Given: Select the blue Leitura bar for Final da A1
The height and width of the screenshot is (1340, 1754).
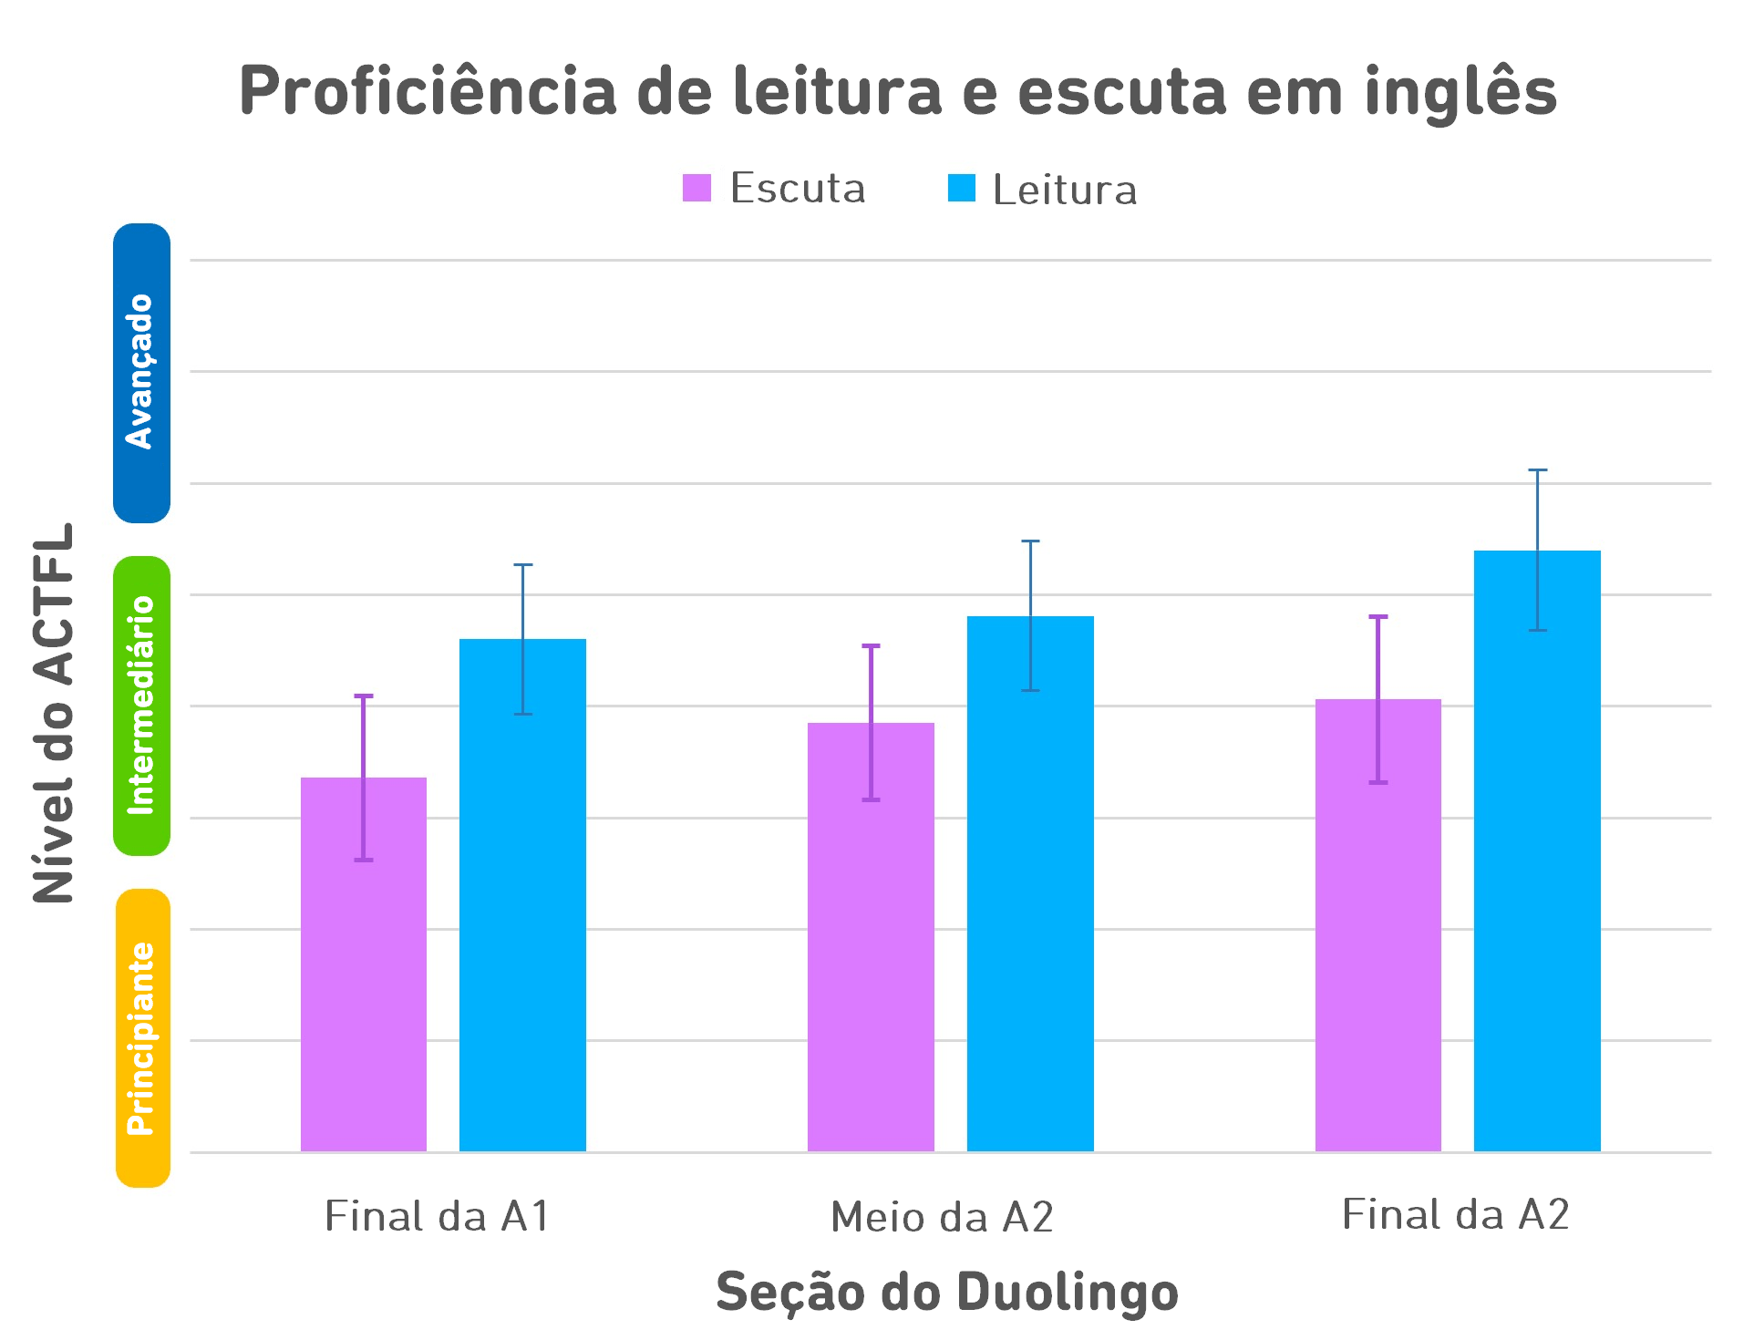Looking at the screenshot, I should pos(522,912).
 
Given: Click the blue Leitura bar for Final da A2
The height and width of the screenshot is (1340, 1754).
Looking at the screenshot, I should pos(1537,866).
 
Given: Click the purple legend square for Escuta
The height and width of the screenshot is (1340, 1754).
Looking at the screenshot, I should pos(696,188).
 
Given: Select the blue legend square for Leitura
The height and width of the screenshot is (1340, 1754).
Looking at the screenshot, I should pos(962,188).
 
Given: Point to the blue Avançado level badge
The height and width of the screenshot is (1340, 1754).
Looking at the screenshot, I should pos(141,373).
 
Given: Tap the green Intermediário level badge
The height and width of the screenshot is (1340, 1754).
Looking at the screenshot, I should pos(141,706).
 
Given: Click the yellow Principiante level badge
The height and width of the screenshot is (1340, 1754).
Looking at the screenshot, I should pos(143,1038).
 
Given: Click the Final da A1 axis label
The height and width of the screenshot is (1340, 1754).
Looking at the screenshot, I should pos(438,1216).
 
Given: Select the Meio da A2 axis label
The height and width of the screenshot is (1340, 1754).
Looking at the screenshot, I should pos(942,1217).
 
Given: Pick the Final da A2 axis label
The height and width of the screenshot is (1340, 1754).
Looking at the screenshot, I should pos(1456,1214).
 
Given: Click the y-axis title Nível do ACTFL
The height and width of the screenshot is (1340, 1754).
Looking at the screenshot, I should pos(53,713).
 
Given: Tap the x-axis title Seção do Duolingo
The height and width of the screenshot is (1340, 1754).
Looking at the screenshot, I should pos(947,1293).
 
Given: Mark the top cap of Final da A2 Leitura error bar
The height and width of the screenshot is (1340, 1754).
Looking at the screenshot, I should pos(1538,470).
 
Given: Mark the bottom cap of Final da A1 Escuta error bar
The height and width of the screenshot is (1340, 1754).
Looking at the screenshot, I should pos(364,860).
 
